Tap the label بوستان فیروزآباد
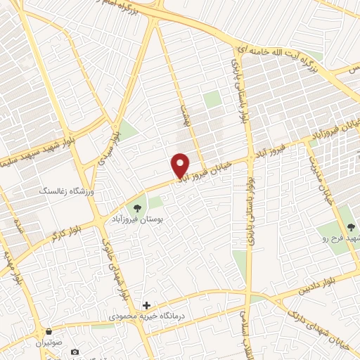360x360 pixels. pyautogui.click(x=135, y=219)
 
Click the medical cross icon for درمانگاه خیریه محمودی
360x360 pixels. pyautogui.click(x=146, y=305)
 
